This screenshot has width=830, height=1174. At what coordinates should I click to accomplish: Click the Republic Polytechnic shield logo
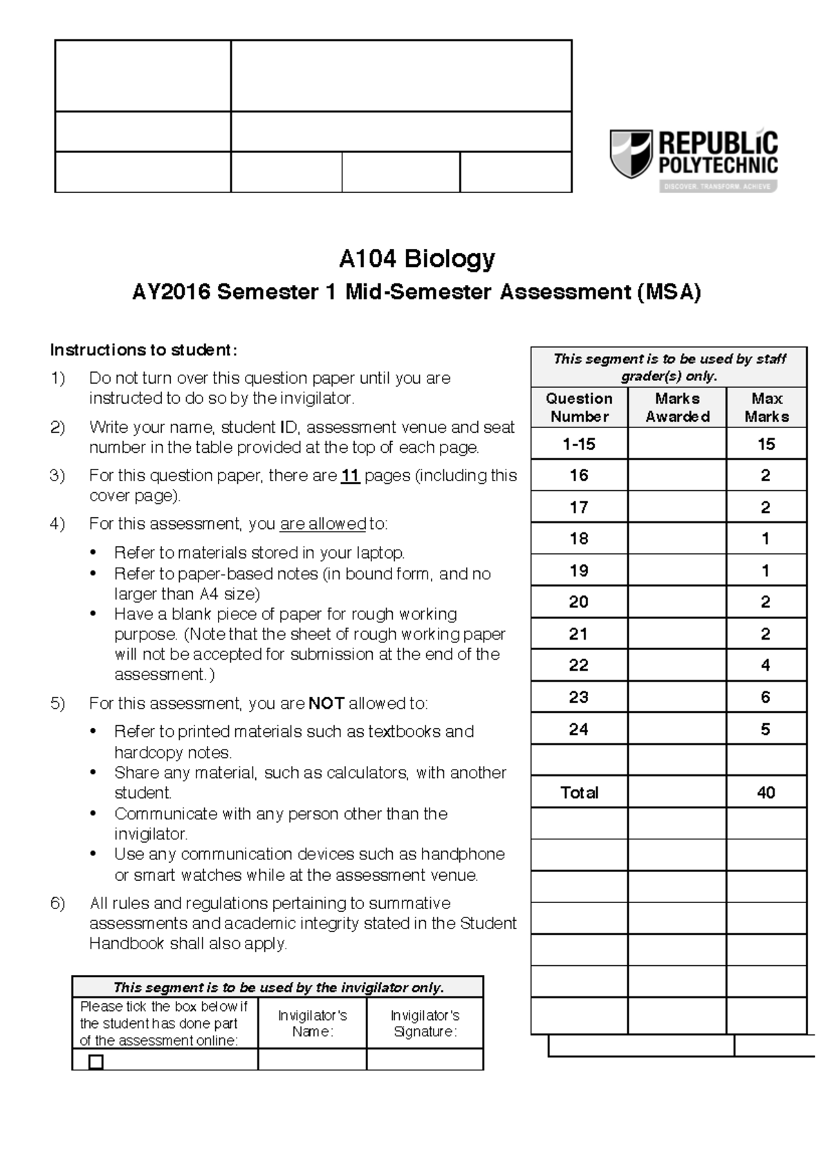coord(630,153)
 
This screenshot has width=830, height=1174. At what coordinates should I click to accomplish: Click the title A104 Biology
coord(416,259)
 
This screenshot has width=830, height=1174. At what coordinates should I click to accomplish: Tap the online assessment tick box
coord(96,1061)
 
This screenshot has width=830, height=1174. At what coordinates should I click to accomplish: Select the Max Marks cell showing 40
coord(766,792)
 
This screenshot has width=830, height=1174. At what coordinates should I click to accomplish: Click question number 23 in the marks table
coord(579,697)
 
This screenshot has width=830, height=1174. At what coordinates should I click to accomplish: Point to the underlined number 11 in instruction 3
coord(350,476)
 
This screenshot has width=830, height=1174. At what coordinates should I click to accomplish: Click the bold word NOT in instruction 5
coord(326,704)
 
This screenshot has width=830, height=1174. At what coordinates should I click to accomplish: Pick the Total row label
coord(579,792)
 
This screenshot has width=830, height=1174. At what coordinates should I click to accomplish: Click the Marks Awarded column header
coord(677,407)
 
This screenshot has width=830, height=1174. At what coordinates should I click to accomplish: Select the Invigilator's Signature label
coord(425,1023)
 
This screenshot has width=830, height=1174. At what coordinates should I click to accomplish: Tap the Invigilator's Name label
coord(312,1023)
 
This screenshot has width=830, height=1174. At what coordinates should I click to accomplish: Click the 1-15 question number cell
coord(579,444)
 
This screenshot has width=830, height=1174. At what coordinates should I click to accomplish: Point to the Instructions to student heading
coord(143,350)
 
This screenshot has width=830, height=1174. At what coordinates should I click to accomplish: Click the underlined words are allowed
coord(322,524)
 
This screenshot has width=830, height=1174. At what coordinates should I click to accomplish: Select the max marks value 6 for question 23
coord(766,697)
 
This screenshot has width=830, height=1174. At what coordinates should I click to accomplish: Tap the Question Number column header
coord(579,407)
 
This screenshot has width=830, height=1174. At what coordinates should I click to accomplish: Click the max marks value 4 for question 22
coord(766,665)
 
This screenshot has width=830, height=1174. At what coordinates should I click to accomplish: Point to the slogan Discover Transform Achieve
coord(718,187)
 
